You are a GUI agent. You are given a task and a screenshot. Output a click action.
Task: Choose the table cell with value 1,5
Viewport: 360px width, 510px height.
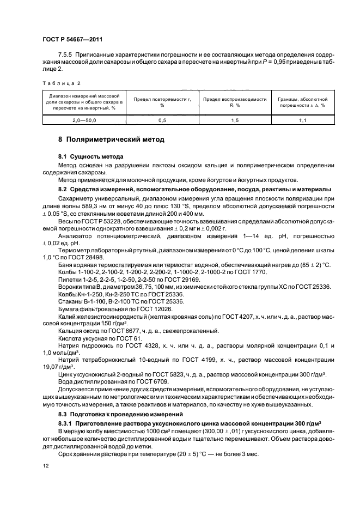point(234,119)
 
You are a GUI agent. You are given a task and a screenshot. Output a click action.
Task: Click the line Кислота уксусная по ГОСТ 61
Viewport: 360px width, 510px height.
point(100,338)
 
